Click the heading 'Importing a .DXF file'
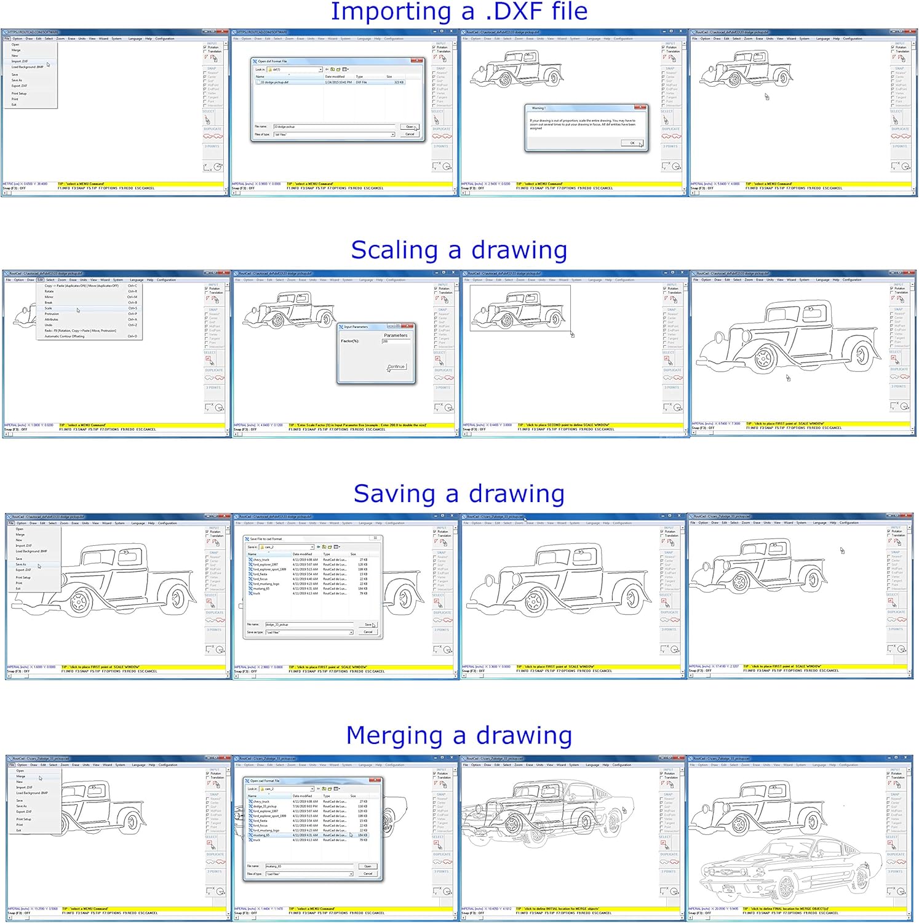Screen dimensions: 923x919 (x=459, y=12)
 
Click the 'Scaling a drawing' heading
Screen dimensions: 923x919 (x=459, y=250)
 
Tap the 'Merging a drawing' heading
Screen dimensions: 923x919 (x=459, y=735)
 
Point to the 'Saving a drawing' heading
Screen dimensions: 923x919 (x=459, y=493)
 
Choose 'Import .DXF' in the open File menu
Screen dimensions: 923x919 (x=20, y=62)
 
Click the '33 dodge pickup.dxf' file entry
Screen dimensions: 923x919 (x=275, y=82)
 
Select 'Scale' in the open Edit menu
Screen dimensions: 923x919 (x=49, y=308)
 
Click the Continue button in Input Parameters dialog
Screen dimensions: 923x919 (x=396, y=367)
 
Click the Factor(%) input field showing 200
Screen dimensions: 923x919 (x=394, y=341)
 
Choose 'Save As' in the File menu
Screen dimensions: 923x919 (x=21, y=564)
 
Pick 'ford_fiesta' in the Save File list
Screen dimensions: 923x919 (x=260, y=574)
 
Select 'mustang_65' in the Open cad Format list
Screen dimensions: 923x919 (x=261, y=835)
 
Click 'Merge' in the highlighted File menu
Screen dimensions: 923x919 (x=21, y=777)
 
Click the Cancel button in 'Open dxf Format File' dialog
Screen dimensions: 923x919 (x=410, y=134)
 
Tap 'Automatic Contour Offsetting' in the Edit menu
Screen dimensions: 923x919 (x=65, y=337)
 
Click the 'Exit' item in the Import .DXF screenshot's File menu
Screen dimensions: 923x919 (x=14, y=105)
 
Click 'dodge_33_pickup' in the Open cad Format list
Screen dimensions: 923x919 (x=265, y=806)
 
